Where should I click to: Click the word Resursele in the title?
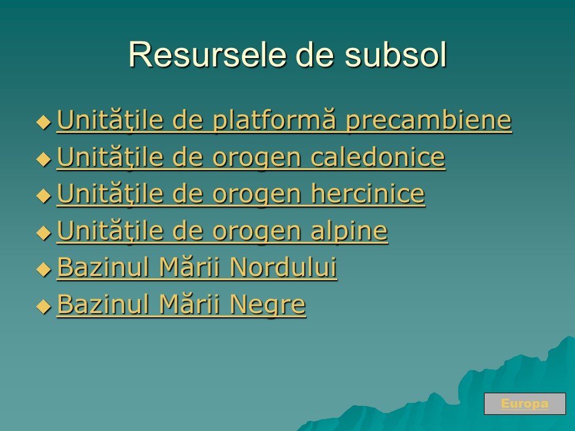207,54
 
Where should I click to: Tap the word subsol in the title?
395,54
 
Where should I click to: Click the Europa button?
525,403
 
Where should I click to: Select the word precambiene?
429,120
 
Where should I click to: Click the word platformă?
274,120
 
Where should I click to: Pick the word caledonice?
378,157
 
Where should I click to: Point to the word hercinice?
368,194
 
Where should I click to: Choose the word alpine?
349,231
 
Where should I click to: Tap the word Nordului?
283,267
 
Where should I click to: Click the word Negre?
268,305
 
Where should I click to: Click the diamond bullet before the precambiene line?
44,122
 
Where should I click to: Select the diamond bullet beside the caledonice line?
44,159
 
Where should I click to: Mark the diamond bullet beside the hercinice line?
44,196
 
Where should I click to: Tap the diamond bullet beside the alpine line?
44,232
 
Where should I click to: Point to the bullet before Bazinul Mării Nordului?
44,269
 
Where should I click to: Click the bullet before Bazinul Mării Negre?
44,306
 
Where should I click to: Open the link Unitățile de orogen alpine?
222,231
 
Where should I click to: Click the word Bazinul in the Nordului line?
104,267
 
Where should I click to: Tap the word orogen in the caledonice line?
257,158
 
